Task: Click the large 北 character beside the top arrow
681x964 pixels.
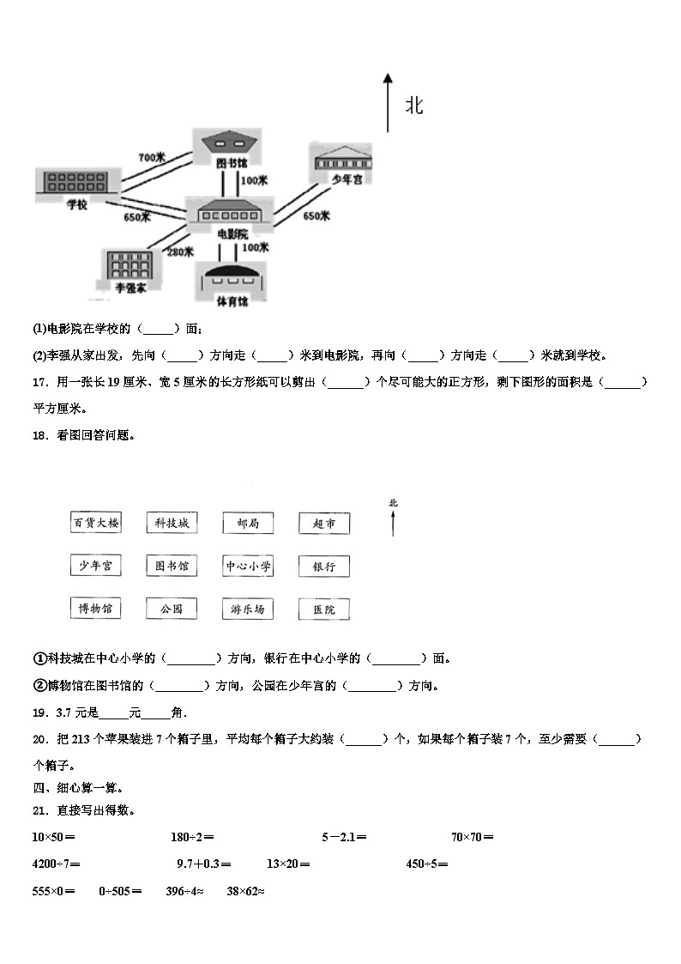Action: click(414, 106)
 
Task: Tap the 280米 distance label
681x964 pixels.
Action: click(180, 252)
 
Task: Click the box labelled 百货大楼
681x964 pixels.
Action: click(95, 523)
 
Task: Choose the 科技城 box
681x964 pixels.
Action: click(172, 523)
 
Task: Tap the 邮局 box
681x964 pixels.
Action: click(248, 523)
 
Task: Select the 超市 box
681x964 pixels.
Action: click(324, 523)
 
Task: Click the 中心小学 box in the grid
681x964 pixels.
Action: click(248, 566)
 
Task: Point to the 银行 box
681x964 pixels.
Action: click(324, 566)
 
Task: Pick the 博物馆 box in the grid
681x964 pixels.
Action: click(95, 609)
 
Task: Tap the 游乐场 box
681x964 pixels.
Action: click(248, 609)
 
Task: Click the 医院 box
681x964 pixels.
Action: click(324, 609)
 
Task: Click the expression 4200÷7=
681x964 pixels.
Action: click(56, 864)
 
